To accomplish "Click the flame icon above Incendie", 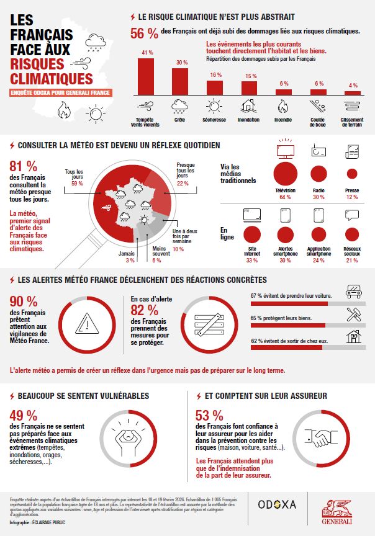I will coord(284,106).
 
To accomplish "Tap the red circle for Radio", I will coord(319,174).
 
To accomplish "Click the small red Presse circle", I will coord(352,174).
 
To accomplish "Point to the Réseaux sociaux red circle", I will coord(352,234).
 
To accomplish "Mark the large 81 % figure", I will coord(24,166).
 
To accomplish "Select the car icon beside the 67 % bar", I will coord(355,292).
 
